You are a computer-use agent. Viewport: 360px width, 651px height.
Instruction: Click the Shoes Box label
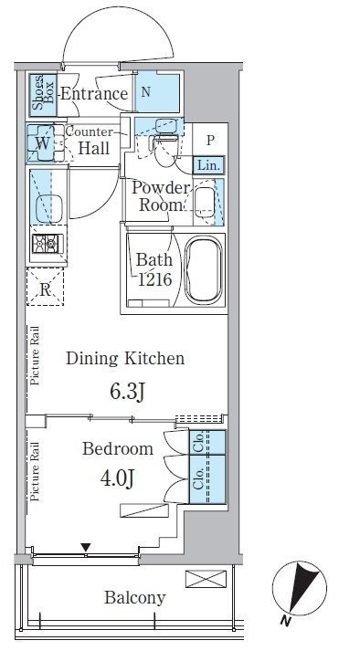tap(43, 95)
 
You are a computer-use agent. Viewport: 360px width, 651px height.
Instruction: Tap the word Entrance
tap(94, 94)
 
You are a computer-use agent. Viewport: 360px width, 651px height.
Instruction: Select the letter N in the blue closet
tap(145, 92)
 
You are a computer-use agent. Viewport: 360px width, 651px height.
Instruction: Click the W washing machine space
tap(42, 143)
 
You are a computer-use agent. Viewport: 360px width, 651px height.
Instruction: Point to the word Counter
tap(90, 132)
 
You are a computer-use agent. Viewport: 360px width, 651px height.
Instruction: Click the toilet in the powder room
tap(166, 148)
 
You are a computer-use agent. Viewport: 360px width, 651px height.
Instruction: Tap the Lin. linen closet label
tap(208, 165)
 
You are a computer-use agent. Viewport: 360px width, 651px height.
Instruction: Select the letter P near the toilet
tap(210, 141)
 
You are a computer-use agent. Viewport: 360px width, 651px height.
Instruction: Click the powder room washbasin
tap(204, 201)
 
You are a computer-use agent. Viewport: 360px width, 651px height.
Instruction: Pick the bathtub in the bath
tap(203, 270)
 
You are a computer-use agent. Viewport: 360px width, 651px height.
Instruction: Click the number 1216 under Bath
tap(154, 279)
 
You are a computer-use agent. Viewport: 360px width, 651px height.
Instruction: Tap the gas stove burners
tap(47, 243)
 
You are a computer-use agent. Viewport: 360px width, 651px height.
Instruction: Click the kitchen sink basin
tap(49, 208)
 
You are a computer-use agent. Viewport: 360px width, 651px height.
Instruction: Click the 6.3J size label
tap(127, 392)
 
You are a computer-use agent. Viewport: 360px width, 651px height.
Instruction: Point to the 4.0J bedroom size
tap(117, 478)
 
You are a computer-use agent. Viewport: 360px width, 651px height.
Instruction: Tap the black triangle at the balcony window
tap(86, 548)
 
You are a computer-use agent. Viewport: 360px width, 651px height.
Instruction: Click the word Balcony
tap(134, 598)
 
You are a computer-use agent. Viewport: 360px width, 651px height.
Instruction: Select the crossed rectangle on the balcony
tap(206, 579)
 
